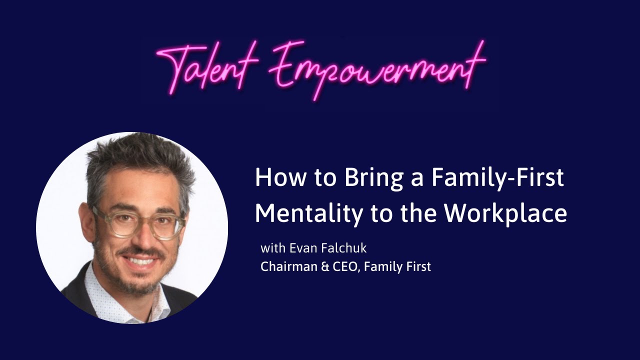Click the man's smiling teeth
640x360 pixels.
(142, 260)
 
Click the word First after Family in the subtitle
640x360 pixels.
(418, 266)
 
